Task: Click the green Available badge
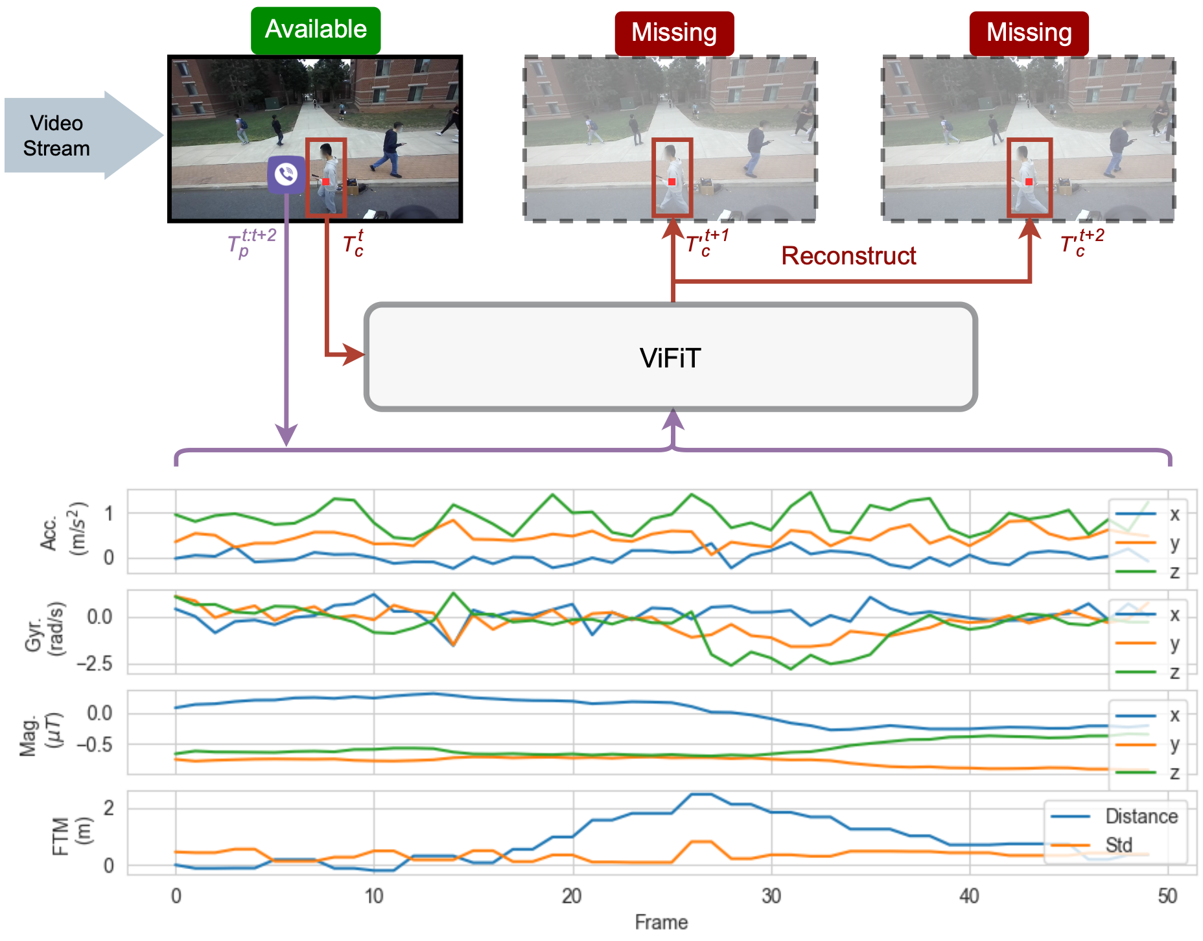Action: click(x=316, y=30)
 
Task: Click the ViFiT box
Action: click(x=670, y=358)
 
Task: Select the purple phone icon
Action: click(x=286, y=174)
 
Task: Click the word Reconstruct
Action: click(x=848, y=256)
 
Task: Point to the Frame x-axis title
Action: click(x=661, y=922)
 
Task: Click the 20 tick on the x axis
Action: click(x=572, y=896)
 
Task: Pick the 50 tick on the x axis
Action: click(x=1167, y=896)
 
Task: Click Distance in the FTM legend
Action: click(x=1141, y=816)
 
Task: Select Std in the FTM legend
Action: click(x=1119, y=845)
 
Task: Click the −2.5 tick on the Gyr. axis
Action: click(x=95, y=664)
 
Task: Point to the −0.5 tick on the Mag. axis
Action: click(x=95, y=745)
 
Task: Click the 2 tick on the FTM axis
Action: click(x=109, y=807)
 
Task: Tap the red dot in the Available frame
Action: click(x=325, y=182)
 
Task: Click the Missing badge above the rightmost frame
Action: click(x=1029, y=33)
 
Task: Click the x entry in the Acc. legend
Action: click(x=1174, y=515)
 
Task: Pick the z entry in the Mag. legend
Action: click(x=1174, y=773)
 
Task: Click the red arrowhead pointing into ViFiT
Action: click(x=354, y=354)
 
